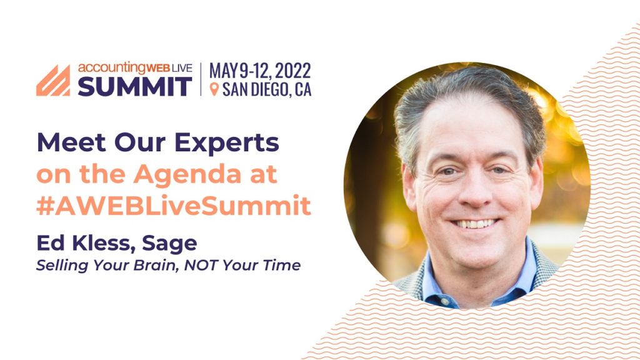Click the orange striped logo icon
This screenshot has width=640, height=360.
(53, 81)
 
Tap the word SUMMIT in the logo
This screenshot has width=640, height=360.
(135, 86)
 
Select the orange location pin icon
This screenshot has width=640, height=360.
(214, 89)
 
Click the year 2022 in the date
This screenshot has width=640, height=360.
(292, 71)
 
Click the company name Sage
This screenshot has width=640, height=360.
(169, 244)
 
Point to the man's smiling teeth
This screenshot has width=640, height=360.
(475, 224)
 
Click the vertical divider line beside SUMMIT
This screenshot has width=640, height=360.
(201, 79)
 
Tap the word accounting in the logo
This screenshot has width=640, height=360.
(111, 67)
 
